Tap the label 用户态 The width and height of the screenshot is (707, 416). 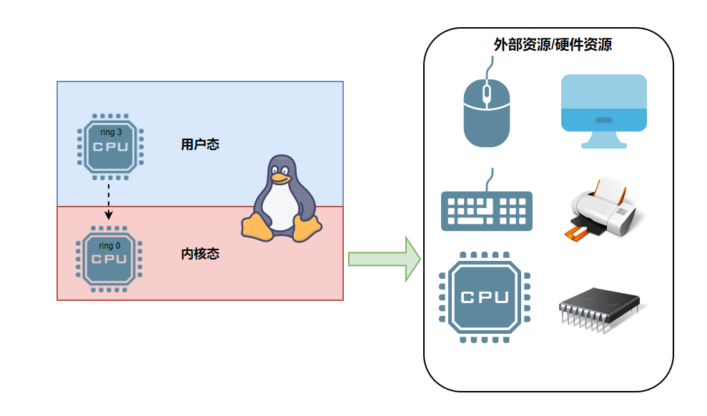pos(200,144)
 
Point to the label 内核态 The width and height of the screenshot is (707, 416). pos(200,254)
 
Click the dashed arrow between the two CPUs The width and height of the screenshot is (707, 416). pos(109,200)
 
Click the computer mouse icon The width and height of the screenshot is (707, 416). pos(487,111)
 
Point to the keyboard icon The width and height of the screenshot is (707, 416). pos(487,209)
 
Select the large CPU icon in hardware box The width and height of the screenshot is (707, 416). pos(484,297)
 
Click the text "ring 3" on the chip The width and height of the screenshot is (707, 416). pos(110,132)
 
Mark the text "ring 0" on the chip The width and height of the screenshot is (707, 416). pos(110,246)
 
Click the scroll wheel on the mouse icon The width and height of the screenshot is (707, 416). pos(487,92)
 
